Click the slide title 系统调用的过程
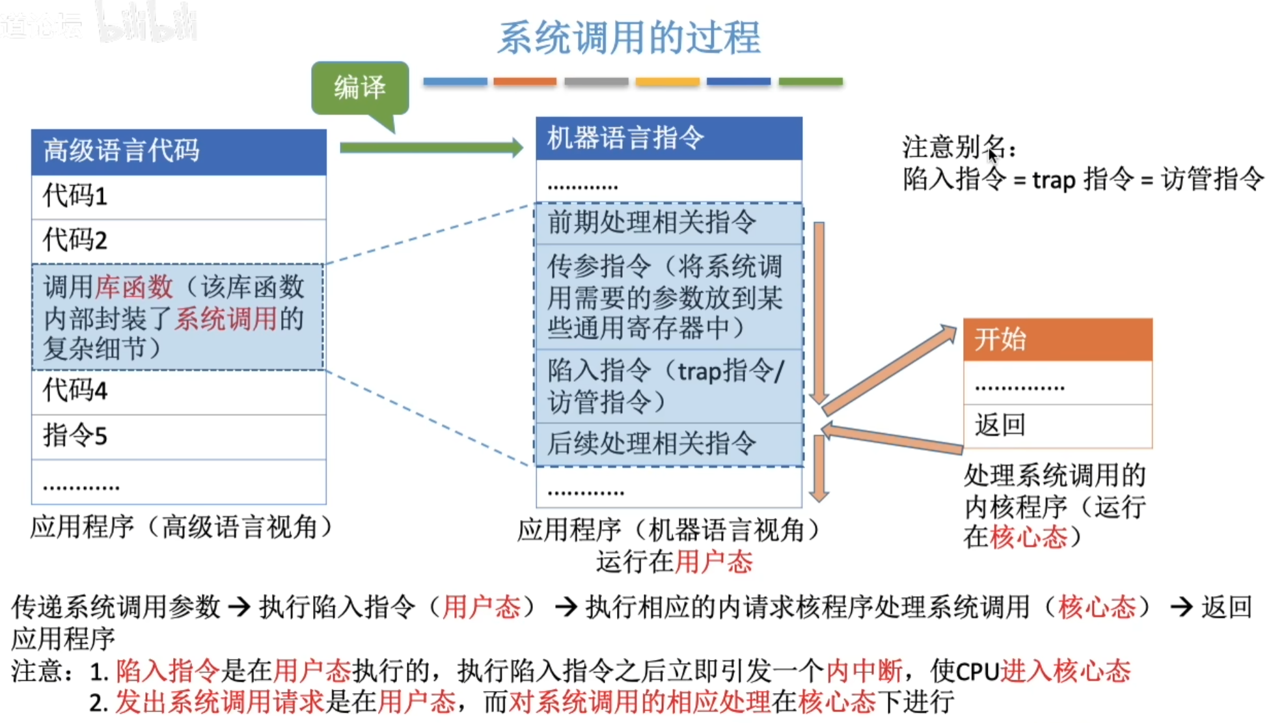(629, 37)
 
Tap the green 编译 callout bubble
(360, 88)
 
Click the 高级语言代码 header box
(179, 152)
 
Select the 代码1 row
(179, 197)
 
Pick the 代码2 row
(179, 241)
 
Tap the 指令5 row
(179, 437)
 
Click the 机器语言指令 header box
(669, 138)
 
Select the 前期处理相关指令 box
(669, 223)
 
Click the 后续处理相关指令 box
(669, 444)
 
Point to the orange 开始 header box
(1058, 340)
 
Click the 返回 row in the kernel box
(1058, 426)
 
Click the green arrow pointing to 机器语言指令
(431, 148)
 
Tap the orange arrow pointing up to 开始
(889, 370)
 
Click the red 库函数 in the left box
(134, 287)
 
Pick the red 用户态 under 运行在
(714, 562)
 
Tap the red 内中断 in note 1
(864, 670)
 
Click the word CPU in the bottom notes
(977, 671)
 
